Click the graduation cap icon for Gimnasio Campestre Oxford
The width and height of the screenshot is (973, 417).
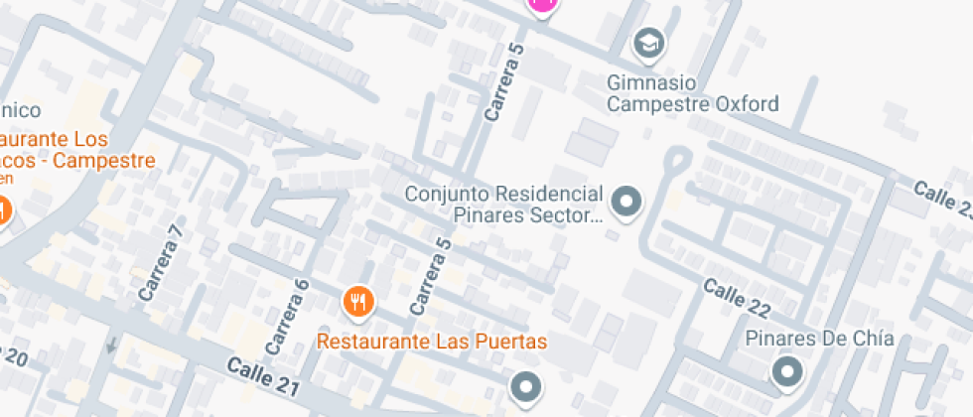click(x=649, y=44)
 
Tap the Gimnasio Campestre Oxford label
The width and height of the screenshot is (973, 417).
click(x=693, y=92)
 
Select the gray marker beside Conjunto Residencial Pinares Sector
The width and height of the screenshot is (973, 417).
click(x=625, y=203)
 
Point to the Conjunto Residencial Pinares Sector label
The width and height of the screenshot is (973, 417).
click(x=503, y=204)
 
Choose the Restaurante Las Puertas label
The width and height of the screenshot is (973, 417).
click(x=432, y=342)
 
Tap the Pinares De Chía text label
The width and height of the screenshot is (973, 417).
click(x=819, y=339)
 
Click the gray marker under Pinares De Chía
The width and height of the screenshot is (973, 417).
click(x=788, y=372)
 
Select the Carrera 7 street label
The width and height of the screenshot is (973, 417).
click(x=161, y=264)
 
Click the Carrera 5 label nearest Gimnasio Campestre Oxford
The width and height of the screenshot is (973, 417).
click(x=502, y=83)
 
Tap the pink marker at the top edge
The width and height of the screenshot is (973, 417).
click(x=542, y=5)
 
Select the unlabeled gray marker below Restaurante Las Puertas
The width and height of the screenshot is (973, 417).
click(x=525, y=386)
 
